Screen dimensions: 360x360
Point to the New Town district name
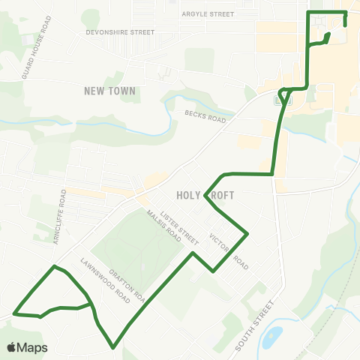coord(110,91)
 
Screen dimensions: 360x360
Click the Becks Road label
coord(205,115)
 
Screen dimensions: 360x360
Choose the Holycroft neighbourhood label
coord(205,195)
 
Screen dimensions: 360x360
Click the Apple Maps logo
coord(27,348)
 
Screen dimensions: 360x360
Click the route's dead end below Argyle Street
coord(345,24)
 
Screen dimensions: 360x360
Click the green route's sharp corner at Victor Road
coord(247,234)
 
